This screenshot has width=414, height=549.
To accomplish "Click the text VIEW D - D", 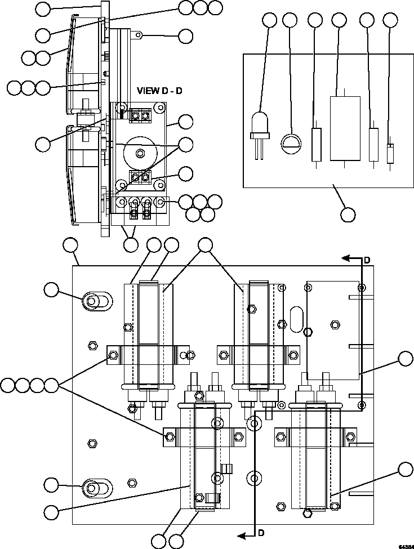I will point(160,91).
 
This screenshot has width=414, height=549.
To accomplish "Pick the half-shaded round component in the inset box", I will point(291,141).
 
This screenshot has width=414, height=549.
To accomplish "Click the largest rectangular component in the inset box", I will point(344,128).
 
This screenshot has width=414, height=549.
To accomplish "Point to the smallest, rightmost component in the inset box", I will point(390,153).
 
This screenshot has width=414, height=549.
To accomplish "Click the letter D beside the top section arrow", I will point(367,260).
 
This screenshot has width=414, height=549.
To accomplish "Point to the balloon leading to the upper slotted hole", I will point(51,289).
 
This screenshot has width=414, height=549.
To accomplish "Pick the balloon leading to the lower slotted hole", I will point(51,484).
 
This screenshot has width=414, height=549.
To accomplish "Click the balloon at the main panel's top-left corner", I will point(70,245).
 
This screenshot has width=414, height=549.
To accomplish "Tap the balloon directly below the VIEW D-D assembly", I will point(131,245).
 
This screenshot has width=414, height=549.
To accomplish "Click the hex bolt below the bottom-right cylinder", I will point(307,512).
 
